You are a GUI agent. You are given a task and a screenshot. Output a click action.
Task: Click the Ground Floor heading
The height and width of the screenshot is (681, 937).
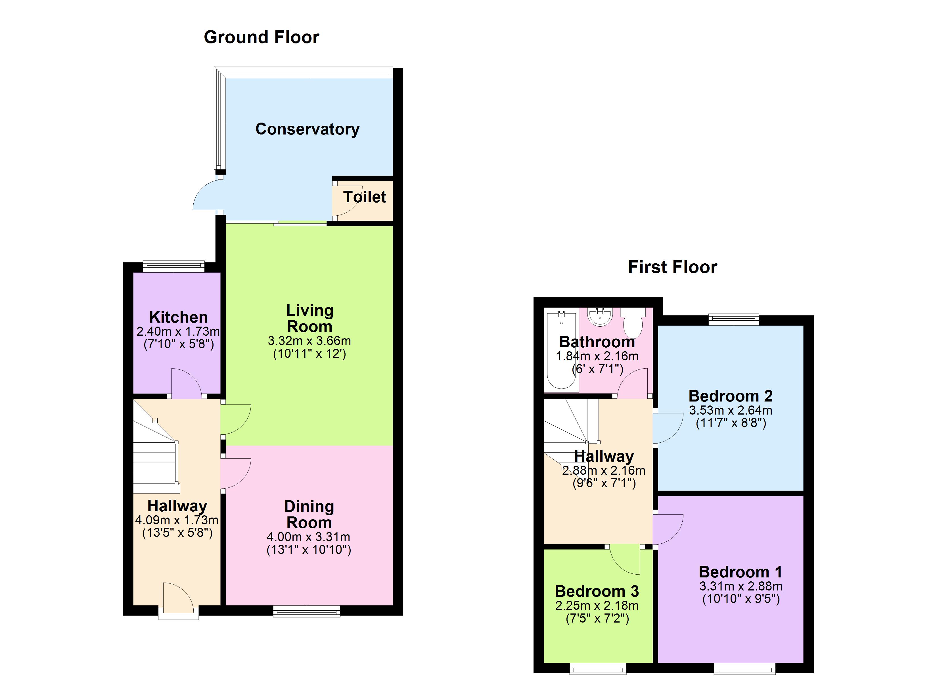tap(261, 37)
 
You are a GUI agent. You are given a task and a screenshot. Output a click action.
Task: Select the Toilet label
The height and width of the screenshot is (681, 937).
tap(364, 197)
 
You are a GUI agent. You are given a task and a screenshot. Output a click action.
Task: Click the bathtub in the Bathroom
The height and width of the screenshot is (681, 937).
tap(561, 351)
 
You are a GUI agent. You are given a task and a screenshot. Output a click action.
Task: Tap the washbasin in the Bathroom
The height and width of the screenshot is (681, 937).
tap(599, 317)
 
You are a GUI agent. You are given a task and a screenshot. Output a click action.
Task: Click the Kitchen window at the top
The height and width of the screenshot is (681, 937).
tap(173, 266)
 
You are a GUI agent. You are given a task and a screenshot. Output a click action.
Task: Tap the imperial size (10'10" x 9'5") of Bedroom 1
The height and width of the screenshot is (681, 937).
tap(741, 599)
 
